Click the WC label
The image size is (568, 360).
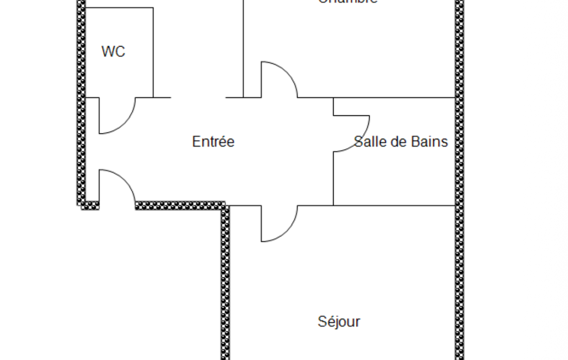tap(113, 52)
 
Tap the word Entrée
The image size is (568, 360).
tap(213, 142)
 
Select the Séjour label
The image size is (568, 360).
tap(339, 321)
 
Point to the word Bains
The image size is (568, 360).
tap(430, 142)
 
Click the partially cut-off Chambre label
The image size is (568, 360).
tap(348, 2)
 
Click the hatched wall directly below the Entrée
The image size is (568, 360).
tap(180, 205)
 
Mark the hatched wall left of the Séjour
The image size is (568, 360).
tap(225, 282)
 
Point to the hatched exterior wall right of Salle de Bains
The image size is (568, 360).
tap(459, 150)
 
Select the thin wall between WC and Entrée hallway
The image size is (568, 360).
tap(153, 53)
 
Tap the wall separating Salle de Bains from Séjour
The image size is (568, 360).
tap(393, 205)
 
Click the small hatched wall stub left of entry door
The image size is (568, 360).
tap(90, 205)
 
